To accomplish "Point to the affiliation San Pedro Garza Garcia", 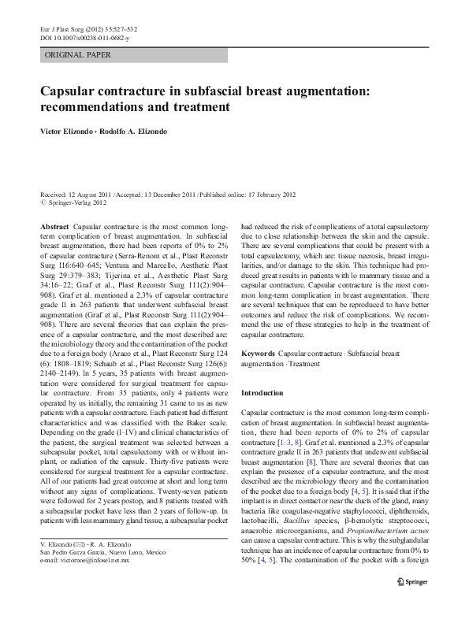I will point(75,573).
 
